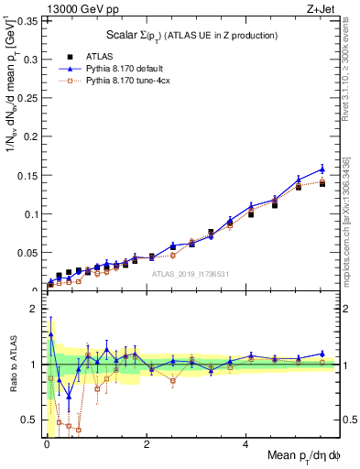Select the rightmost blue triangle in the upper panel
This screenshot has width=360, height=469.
coord(322,169)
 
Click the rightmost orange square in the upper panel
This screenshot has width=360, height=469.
coord(322,183)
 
